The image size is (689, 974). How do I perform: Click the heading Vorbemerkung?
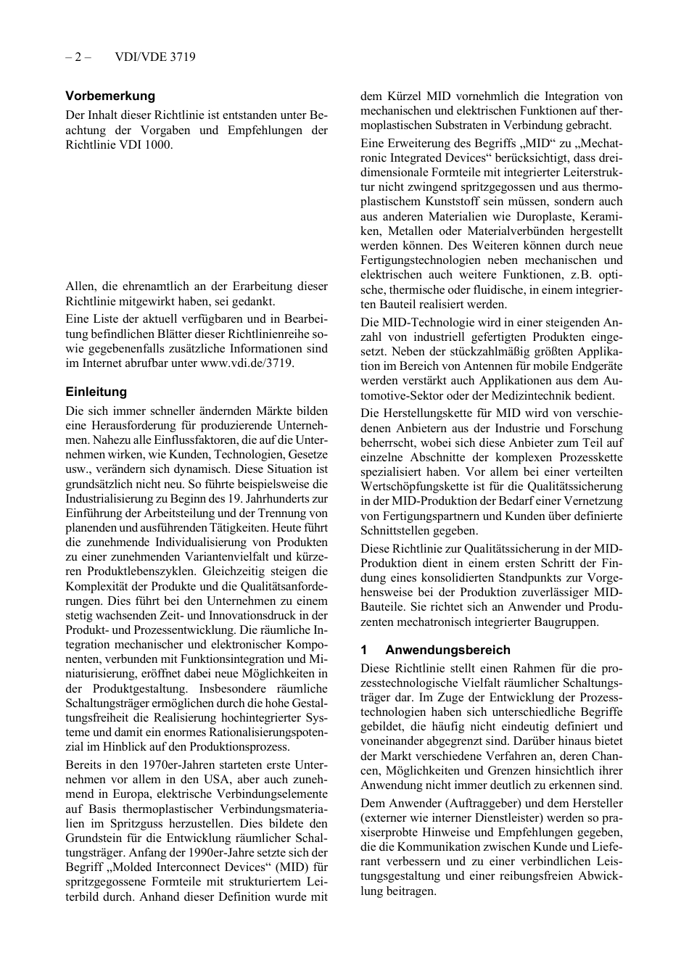[x=110, y=96]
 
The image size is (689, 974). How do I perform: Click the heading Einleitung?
[x=96, y=392]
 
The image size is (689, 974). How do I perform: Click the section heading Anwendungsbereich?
[x=447, y=650]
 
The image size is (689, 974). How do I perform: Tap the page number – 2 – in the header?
[x=77, y=57]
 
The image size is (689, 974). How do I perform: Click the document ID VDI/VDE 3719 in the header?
[x=155, y=57]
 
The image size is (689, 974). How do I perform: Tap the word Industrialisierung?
[x=107, y=498]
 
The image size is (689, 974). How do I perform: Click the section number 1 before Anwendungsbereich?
[x=364, y=650]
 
